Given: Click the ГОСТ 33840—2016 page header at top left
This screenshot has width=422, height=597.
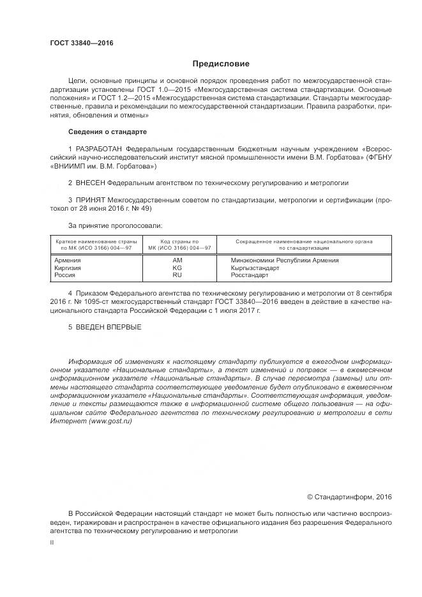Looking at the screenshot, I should [81, 43].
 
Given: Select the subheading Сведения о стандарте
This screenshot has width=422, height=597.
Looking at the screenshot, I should [107, 132].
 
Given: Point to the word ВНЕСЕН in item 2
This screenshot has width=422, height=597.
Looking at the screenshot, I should [93, 183].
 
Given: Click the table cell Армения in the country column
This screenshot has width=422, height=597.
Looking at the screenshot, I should [68, 261].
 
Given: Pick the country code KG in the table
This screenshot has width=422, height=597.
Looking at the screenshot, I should [177, 268].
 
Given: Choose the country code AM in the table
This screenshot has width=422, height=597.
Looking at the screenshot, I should [177, 261].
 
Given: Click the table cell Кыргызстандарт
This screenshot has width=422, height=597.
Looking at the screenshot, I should [255, 268].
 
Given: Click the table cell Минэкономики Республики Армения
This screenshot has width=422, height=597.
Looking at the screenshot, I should [285, 261].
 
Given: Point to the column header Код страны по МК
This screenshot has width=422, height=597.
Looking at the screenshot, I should [179, 244].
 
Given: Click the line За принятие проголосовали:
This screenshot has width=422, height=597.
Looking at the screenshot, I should [115, 225].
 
